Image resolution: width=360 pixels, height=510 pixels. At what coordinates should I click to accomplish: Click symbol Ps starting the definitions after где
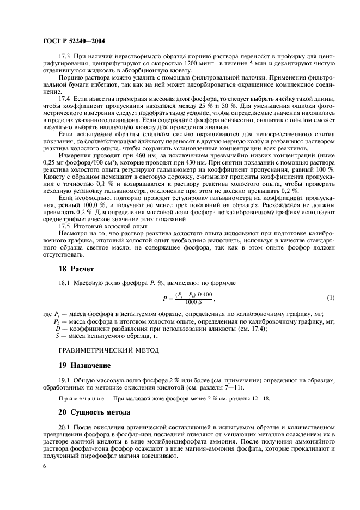tap(56, 314)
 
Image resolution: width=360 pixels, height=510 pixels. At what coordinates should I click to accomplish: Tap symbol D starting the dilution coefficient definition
tap(57, 329)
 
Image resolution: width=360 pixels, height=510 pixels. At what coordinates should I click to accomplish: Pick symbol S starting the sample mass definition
tap(57, 336)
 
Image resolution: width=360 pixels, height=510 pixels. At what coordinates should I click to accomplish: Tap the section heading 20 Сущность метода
tap(94, 414)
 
